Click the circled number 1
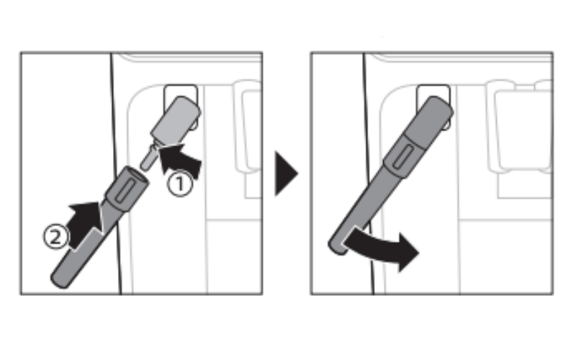point(179,184)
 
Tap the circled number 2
point(55,237)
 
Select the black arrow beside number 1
point(179,160)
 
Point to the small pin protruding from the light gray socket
point(148,158)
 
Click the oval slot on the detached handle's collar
point(122,191)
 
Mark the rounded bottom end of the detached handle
point(60,280)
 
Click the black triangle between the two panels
point(286,174)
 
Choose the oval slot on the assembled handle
point(402,156)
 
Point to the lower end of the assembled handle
point(337,246)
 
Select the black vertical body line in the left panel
point(116,173)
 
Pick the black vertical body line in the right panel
point(368,173)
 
